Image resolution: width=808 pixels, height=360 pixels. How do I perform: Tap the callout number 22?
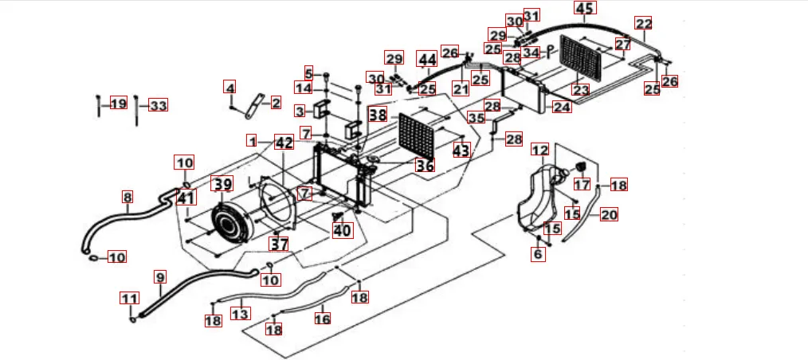tap(643, 23)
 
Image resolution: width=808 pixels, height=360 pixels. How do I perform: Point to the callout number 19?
tap(119, 104)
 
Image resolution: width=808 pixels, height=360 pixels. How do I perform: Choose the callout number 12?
tap(540, 150)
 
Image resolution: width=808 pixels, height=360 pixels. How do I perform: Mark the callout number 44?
tap(428, 60)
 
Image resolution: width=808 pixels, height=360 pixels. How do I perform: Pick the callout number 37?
tap(278, 244)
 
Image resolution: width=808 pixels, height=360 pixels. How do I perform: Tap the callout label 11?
tap(129, 299)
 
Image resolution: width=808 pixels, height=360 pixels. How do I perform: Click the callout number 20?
tap(609, 214)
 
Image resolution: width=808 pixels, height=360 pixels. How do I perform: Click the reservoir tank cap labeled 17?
tap(580, 166)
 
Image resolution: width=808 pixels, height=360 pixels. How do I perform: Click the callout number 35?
tap(476, 118)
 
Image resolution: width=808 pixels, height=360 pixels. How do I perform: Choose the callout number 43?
tap(461, 149)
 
